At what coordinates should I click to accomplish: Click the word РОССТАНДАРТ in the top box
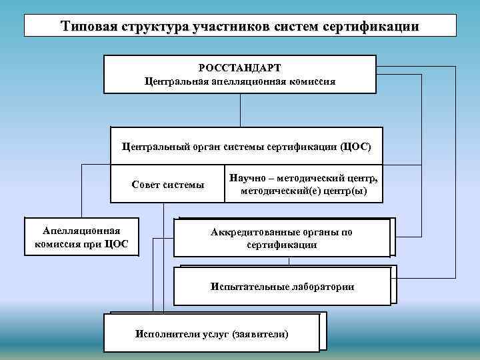click(239, 68)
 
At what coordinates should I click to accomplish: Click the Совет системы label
click(168, 185)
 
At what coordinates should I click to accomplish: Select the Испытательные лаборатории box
click(282, 287)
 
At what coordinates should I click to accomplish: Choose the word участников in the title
click(231, 26)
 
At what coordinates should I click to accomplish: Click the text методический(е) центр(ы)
click(303, 191)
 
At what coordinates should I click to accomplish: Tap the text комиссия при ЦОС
click(81, 243)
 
